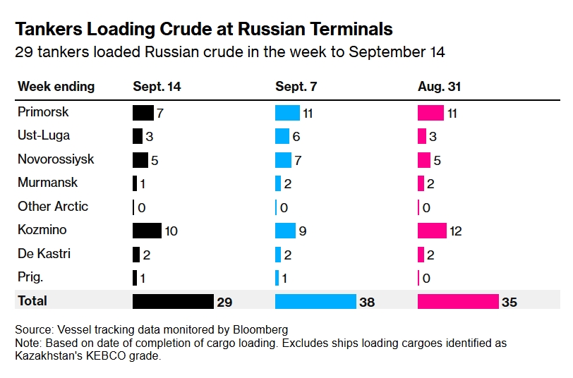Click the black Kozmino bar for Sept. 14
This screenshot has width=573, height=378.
(x=147, y=231)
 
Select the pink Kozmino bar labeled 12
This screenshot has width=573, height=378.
(x=432, y=231)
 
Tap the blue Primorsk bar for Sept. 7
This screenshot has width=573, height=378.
(x=287, y=113)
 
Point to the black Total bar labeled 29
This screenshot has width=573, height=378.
(x=173, y=301)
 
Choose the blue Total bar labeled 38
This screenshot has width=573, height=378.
(x=315, y=301)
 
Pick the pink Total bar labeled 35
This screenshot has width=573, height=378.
(x=458, y=301)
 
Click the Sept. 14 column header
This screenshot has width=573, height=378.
(x=157, y=87)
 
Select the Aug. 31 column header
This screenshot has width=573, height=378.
(x=439, y=87)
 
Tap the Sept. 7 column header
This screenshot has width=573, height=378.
(x=296, y=87)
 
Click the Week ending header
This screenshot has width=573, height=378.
(x=56, y=87)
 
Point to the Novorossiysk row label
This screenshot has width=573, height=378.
(x=56, y=159)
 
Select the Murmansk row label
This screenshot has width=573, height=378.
(x=48, y=183)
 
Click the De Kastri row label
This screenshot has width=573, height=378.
(x=44, y=254)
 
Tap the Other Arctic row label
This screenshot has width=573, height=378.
(x=54, y=207)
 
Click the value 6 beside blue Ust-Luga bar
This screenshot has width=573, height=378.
(x=296, y=137)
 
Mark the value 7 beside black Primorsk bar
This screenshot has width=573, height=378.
(x=160, y=113)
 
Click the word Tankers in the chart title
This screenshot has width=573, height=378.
(x=47, y=29)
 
